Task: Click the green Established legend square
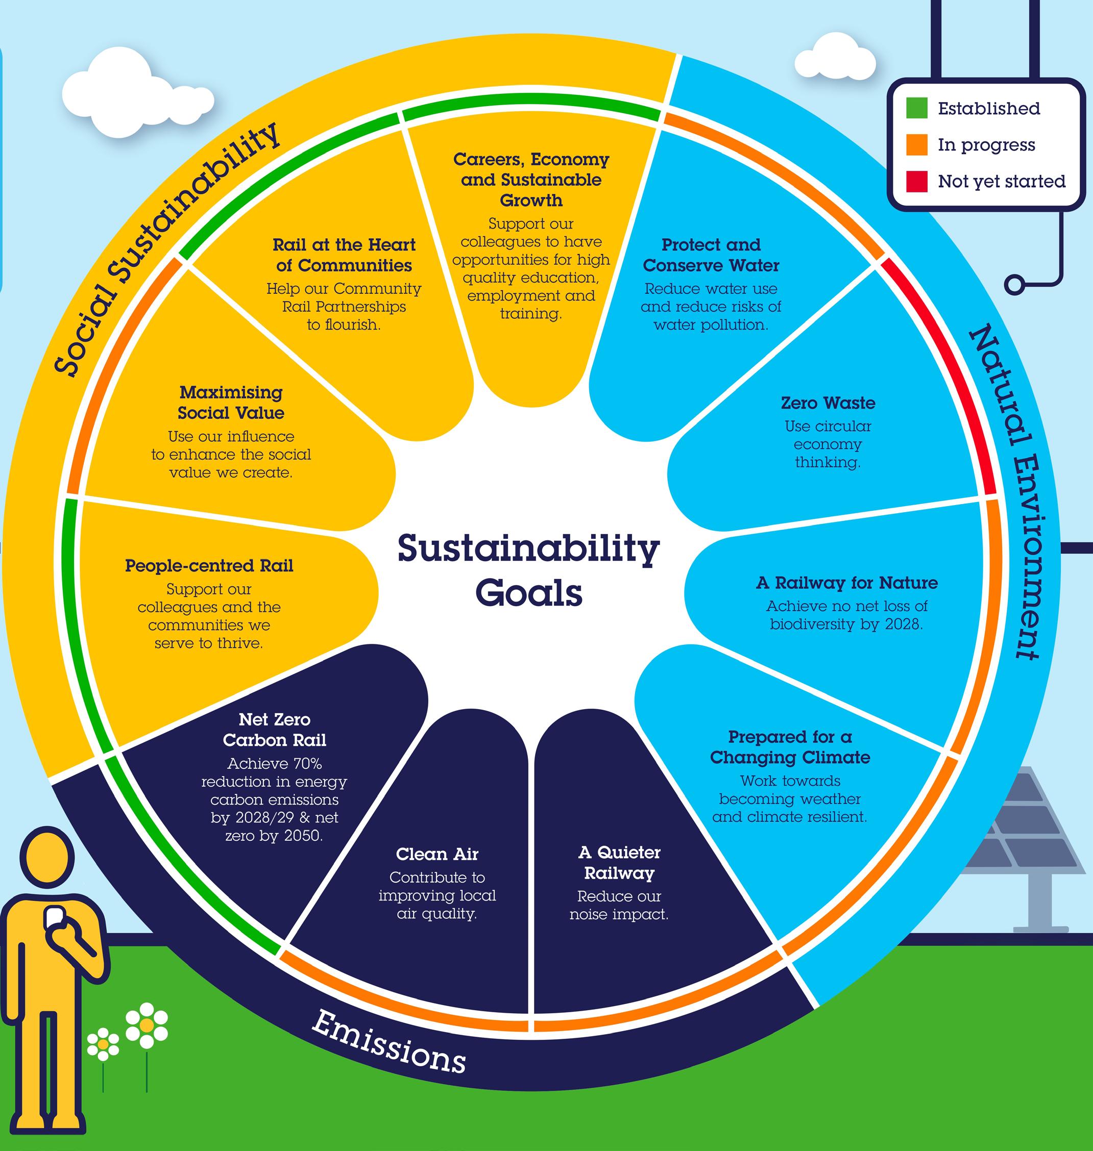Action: click(916, 108)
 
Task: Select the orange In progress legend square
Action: click(916, 144)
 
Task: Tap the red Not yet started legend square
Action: click(916, 181)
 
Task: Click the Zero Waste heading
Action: click(828, 403)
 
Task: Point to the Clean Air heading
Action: click(437, 854)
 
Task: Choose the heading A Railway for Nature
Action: click(847, 583)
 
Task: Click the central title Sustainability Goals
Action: click(528, 570)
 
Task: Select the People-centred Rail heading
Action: click(209, 566)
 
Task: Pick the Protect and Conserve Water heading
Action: click(711, 255)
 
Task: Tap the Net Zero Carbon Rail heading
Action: click(275, 730)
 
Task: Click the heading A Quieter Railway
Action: click(619, 863)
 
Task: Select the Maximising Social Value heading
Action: click(231, 403)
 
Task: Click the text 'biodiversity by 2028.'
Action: click(846, 624)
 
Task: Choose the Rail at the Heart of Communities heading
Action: click(344, 255)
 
